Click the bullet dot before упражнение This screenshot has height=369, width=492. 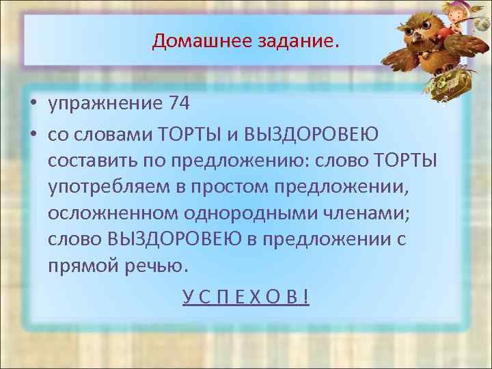coord(33,105)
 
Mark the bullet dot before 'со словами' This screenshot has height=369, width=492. coord(33,132)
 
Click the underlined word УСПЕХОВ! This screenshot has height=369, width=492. coord(245,297)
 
